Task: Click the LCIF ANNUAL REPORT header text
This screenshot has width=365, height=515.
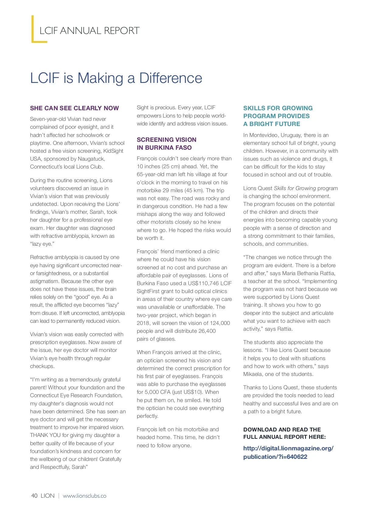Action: click(89, 31)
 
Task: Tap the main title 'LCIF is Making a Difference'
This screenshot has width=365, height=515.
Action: click(116, 78)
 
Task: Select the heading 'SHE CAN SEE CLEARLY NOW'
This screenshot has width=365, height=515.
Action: click(75, 108)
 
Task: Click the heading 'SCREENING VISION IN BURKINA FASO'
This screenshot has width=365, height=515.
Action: click(166, 144)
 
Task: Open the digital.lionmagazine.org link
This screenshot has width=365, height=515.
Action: click(288, 452)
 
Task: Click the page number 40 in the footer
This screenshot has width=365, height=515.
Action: click(34, 496)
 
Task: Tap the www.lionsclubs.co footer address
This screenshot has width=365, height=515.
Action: click(85, 496)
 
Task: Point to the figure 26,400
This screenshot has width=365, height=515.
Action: click(207, 331)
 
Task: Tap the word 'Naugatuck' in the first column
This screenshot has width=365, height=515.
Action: click(91, 159)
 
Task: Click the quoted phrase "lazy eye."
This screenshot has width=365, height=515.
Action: click(42, 244)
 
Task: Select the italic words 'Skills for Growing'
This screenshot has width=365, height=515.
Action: click(294, 188)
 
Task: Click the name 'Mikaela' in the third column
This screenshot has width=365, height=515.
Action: click(253, 374)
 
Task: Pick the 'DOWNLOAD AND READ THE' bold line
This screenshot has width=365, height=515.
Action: click(282, 429)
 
